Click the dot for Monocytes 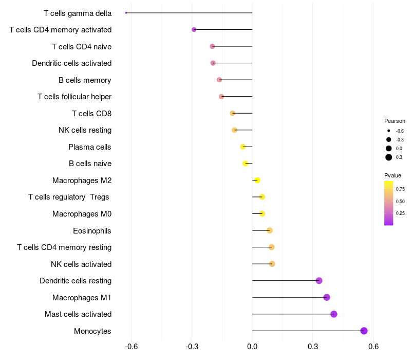[x=364, y=331]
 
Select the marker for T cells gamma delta [x=126, y=13]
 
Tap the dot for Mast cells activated [x=334, y=314]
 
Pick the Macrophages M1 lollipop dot [x=327, y=297]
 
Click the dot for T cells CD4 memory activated [x=194, y=29]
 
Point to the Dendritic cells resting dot [x=319, y=281]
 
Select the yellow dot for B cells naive [x=246, y=164]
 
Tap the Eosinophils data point [x=270, y=230]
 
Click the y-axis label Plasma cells [x=90, y=147]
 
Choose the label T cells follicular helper [x=74, y=97]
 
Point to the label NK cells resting [x=85, y=130]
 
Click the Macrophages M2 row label [x=82, y=181]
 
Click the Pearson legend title [x=395, y=121]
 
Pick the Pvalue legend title [x=393, y=175]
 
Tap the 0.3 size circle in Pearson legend [x=389, y=157]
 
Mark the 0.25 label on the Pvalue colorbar [x=400, y=213]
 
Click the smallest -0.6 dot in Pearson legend [x=389, y=131]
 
